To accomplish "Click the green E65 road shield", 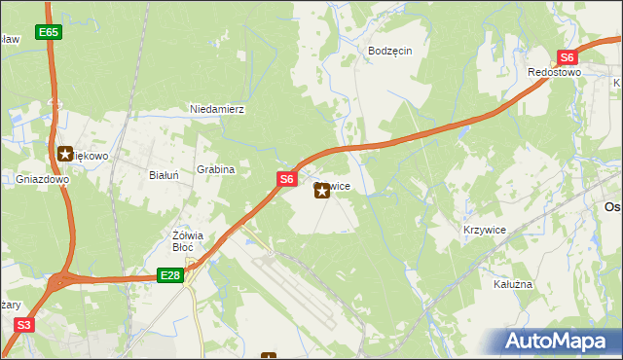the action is click(50, 33).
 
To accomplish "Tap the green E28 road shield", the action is click(170, 276).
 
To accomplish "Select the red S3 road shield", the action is click(24, 325).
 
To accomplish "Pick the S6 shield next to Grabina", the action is click(285, 179).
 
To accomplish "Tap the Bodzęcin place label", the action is click(390, 51).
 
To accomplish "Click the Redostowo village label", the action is click(554, 73).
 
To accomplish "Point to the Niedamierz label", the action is click(216, 110).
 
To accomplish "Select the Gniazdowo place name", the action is click(42, 180).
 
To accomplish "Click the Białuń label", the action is click(163, 176).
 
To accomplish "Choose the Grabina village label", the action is click(216, 169).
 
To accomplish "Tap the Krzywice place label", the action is click(484, 230).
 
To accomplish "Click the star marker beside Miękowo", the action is click(65, 154).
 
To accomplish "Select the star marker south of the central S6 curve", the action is click(321, 192).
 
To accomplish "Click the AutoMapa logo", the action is click(560, 342).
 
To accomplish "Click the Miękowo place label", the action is click(93, 156).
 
